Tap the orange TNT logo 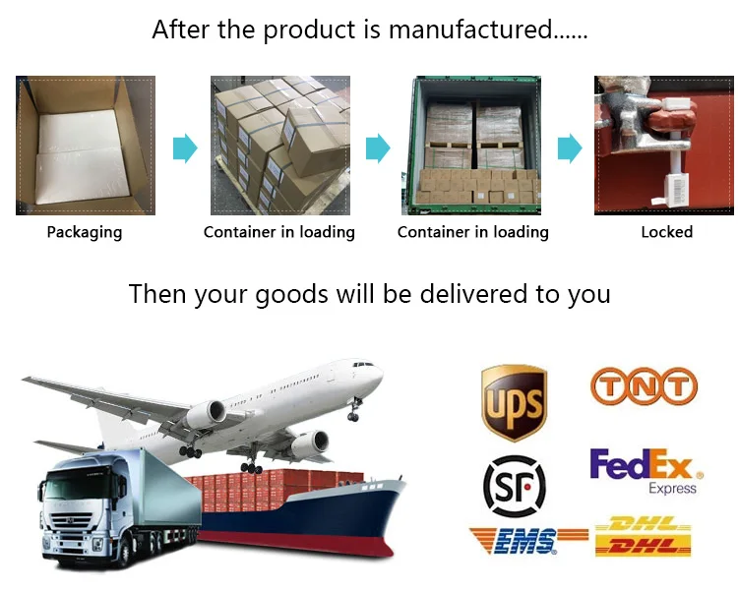pos(644,386)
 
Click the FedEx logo pos(641,465)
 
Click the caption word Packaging pos(85,233)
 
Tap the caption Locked pos(666,233)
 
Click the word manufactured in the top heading pos(470,29)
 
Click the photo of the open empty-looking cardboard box pos(85,146)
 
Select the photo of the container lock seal pos(663,146)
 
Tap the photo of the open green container pos(472,146)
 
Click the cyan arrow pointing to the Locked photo pos(570,148)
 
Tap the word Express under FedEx pos(672,489)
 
